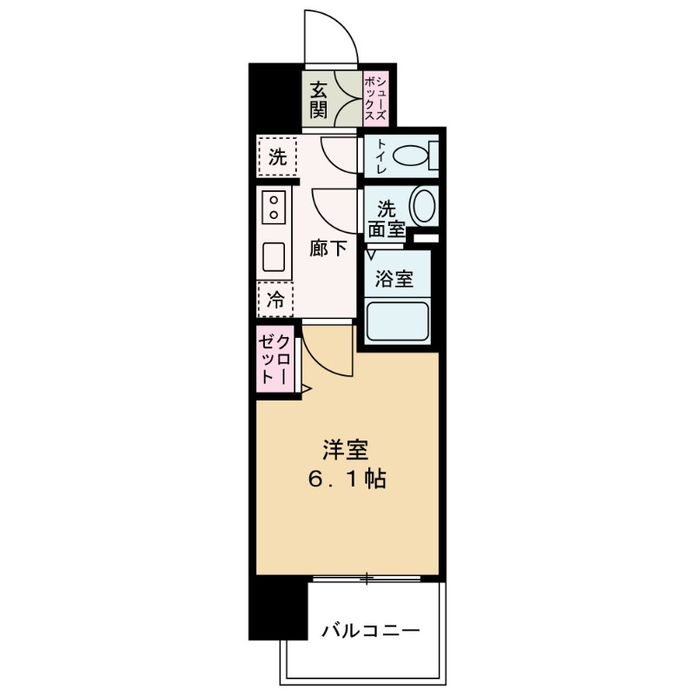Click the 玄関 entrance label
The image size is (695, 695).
319,101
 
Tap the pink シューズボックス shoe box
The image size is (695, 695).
375,96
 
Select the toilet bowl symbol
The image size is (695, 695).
414,158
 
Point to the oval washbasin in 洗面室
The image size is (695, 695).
423,207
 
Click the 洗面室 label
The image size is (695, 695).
386,218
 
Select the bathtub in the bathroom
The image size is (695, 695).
399,321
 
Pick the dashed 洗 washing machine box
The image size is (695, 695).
276,158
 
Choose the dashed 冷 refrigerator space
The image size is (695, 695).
275,301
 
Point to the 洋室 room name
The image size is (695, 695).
345,450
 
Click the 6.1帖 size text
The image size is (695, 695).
345,479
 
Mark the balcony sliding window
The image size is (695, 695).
372,578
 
